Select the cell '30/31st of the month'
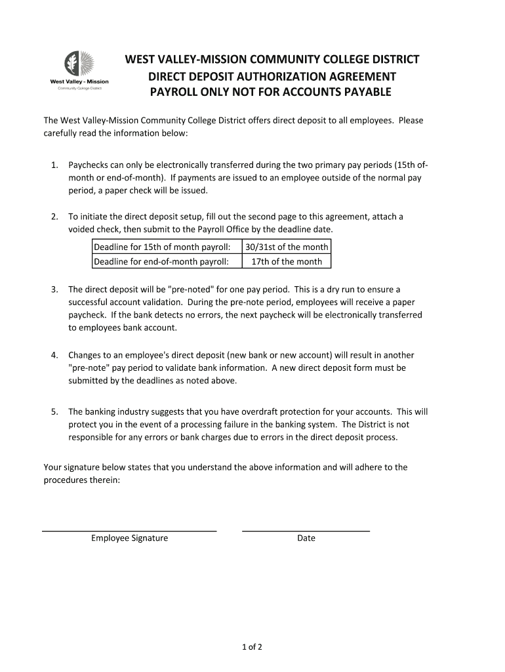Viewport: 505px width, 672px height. (x=287, y=247)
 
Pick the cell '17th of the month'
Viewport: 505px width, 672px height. (x=287, y=261)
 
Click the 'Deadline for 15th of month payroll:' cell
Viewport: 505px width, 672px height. (x=163, y=247)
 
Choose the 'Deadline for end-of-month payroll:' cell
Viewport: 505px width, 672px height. (x=162, y=261)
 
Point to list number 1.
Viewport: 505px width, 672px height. (x=55, y=165)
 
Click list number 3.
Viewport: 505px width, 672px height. (x=55, y=289)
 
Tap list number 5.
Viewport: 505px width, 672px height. (x=55, y=412)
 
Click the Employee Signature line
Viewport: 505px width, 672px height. (x=129, y=530)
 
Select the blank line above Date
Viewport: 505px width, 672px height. (x=306, y=530)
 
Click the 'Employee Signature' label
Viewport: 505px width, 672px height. (x=129, y=538)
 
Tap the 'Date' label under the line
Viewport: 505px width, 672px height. (x=306, y=538)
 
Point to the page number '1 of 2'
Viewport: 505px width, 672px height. (x=252, y=647)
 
